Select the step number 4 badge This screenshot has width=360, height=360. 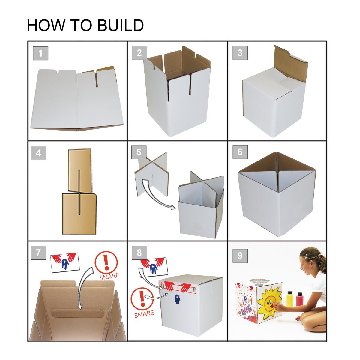(38, 153)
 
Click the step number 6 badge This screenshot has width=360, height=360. (240, 152)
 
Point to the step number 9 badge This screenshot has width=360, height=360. (240, 256)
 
